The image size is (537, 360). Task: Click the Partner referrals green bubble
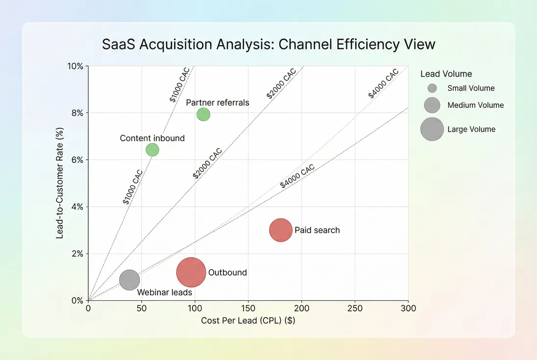pos(203,114)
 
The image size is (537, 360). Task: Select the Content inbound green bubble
pos(152,149)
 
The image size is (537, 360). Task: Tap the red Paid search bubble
pos(281,230)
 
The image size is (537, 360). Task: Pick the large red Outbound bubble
pos(191,272)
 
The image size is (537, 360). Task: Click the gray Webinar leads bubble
pos(129,280)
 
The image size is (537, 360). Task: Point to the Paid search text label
pos(317,230)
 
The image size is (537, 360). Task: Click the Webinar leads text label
pos(161,293)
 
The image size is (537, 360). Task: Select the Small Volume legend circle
pos(432,88)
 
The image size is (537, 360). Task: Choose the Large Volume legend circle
pos(432,129)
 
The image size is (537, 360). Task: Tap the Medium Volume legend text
pos(475,105)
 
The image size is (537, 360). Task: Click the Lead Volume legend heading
pos(446,74)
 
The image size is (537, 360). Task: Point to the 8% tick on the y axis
pos(77,113)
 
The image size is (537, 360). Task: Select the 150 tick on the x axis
pos(248,309)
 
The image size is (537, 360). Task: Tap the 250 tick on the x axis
pos(355,309)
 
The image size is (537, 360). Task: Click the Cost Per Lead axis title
pos(248,321)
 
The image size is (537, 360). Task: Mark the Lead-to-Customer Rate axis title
pos(60,183)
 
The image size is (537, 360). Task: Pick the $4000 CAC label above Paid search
pos(297,177)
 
